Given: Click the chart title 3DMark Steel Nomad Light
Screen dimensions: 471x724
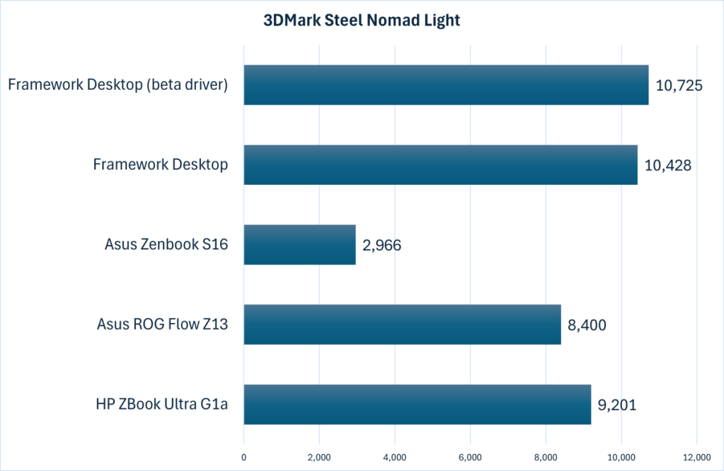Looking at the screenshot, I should (362, 21).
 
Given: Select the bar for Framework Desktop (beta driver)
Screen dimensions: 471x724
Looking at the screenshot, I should (446, 85).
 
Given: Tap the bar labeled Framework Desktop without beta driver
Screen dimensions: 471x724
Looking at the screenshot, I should (440, 164).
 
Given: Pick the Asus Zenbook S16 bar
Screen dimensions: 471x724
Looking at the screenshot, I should (299, 244).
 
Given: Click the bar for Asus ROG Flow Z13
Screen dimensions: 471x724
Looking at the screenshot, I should (402, 324).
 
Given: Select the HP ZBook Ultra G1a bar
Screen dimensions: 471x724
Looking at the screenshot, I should (417, 404).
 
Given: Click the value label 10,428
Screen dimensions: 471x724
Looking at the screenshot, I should (668, 166).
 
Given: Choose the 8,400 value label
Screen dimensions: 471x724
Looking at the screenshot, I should (587, 325).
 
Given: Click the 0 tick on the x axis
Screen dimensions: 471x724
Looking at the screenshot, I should (243, 456).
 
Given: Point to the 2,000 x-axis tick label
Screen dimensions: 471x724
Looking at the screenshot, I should (319, 456).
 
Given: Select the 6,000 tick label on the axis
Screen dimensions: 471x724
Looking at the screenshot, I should (470, 456).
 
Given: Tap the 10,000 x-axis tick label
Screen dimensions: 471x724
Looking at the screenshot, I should (621, 456).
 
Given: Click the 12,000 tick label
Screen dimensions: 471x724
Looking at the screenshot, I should (696, 456).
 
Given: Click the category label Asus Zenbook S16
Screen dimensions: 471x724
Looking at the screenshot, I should (166, 245).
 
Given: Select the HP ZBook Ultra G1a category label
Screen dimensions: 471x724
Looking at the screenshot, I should (162, 405).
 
